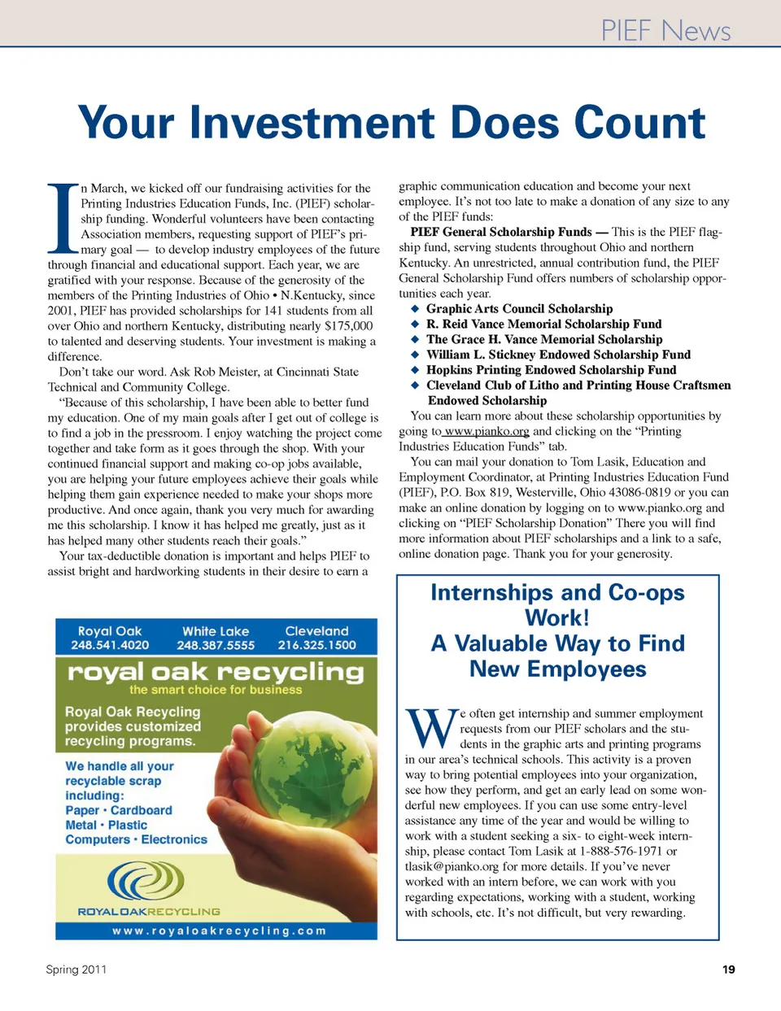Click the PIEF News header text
point(665,30)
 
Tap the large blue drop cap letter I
point(62,218)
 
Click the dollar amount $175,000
point(348,326)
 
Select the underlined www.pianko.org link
point(486,431)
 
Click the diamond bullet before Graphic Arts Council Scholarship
point(415,309)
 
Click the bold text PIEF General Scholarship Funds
point(501,232)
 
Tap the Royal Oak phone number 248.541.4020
point(110,645)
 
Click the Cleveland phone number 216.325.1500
point(316,645)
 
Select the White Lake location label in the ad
point(216,631)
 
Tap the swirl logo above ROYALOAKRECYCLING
point(146,882)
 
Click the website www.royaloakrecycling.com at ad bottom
point(219,930)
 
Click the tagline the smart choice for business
point(216,690)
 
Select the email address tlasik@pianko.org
point(452,867)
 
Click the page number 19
point(728,970)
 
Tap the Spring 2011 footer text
point(76,970)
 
